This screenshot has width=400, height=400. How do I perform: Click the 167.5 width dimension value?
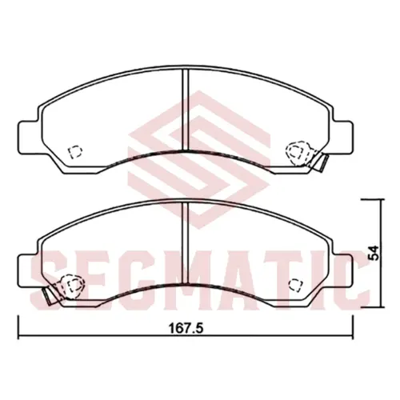[186, 329]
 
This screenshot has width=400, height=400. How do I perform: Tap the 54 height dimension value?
[373, 253]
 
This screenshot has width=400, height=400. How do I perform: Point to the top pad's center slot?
[186, 110]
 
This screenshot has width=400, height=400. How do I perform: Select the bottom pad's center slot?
[186, 242]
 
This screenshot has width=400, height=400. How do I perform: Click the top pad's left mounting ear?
[29, 138]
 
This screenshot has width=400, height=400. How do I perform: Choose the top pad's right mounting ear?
[342, 138]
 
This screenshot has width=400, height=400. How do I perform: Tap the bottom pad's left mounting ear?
[29, 271]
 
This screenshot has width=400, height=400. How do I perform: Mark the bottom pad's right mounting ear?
[342, 271]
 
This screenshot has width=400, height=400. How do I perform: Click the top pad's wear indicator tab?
[322, 162]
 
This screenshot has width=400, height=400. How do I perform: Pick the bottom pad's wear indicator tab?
[50, 295]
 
